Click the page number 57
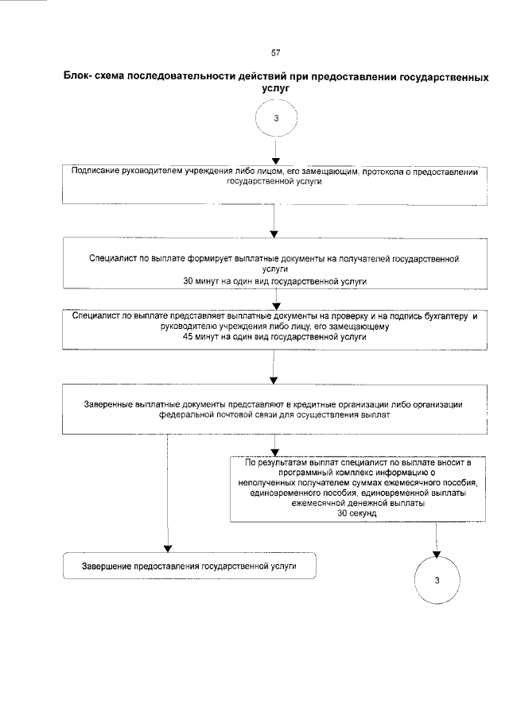(x=275, y=53)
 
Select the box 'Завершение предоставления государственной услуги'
(x=189, y=566)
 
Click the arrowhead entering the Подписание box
(x=274, y=160)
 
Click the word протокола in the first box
(x=394, y=172)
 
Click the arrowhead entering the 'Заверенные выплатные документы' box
(x=274, y=381)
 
